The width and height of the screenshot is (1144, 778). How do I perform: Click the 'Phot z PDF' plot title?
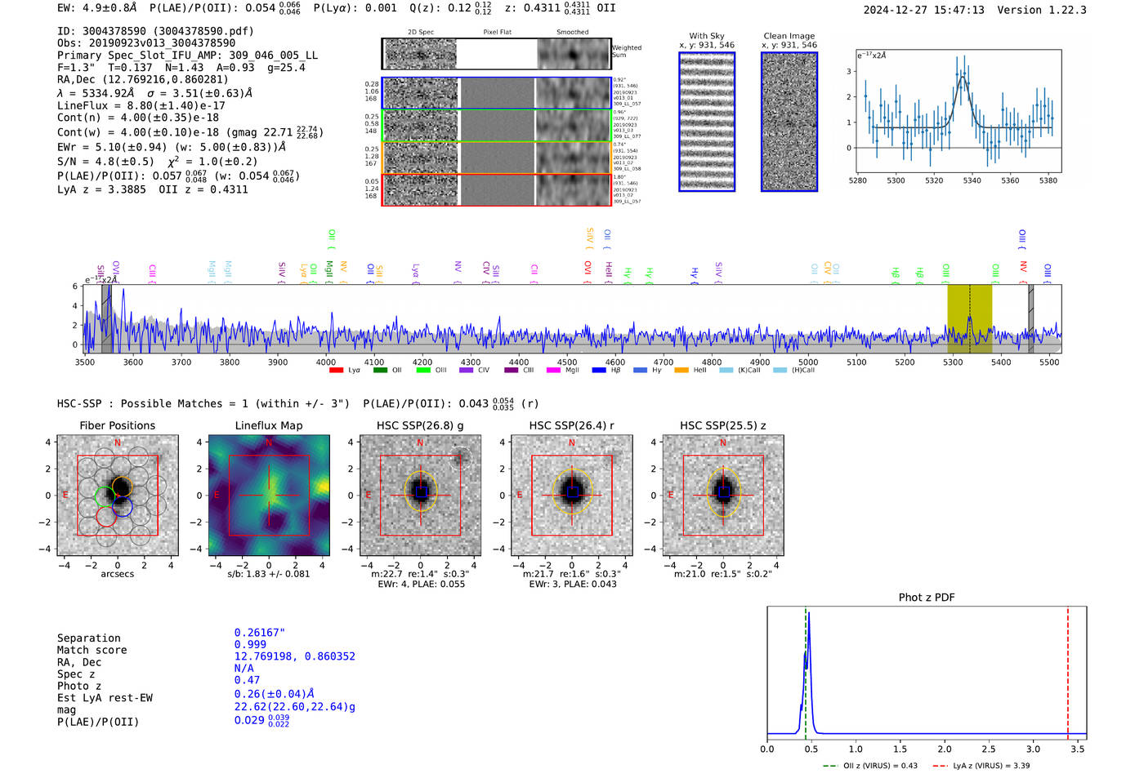coord(927,598)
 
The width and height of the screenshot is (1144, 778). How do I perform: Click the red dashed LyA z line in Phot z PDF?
coord(1067,669)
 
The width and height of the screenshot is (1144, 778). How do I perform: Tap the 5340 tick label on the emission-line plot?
coord(972,180)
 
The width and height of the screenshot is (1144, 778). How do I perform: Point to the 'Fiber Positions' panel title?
coord(117,425)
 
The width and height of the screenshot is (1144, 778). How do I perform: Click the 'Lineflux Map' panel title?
coord(269,425)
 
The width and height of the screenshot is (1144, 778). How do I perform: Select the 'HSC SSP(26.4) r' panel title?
coord(571,425)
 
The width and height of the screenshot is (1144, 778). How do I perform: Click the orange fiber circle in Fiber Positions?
coord(121,487)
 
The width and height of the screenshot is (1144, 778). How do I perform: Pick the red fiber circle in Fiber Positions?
coord(105,516)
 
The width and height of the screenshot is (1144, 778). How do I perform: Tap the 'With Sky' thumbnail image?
coord(707,122)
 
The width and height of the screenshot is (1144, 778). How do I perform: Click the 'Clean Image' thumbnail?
coord(789,122)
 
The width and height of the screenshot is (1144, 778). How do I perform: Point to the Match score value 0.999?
coord(249,645)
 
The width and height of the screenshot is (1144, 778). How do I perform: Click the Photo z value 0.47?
coord(247,680)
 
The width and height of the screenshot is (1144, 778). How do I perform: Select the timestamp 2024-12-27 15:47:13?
coord(923,10)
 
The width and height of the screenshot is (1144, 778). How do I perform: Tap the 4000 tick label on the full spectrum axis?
coord(325,362)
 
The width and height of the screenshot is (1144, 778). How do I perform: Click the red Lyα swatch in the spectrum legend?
coord(336,371)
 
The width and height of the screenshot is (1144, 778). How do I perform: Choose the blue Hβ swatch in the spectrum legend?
coord(599,371)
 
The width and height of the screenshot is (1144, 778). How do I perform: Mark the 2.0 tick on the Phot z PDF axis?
coord(945,749)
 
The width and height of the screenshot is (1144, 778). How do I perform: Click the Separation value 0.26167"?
coord(259,633)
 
